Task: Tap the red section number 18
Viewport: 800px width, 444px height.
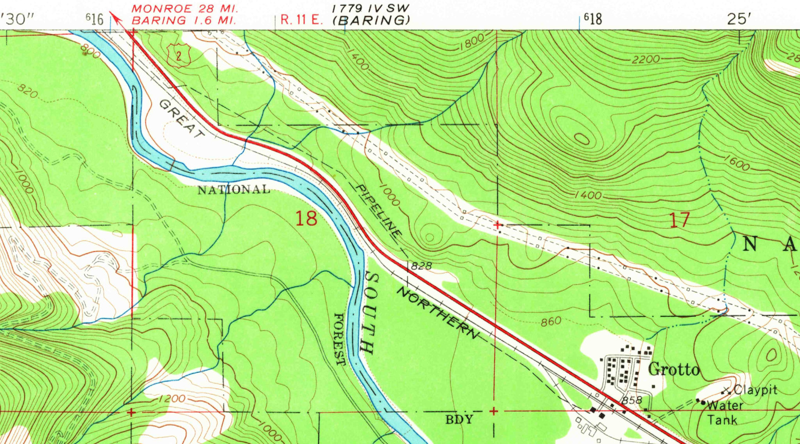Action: pyautogui.click(x=306, y=219)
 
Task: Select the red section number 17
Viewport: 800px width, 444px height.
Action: pyautogui.click(x=679, y=220)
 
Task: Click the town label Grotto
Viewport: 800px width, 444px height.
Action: pyautogui.click(x=674, y=370)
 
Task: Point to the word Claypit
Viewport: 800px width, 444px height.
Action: pyautogui.click(x=755, y=390)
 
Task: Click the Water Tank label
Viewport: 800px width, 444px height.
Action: pyautogui.click(x=724, y=413)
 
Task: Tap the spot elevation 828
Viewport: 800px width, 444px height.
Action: pyautogui.click(x=422, y=266)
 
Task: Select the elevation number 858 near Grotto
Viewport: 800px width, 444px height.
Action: pyautogui.click(x=632, y=399)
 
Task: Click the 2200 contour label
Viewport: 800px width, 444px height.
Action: pyautogui.click(x=646, y=59)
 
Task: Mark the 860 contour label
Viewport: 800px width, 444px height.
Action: pyautogui.click(x=551, y=322)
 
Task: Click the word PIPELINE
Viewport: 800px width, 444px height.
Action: pyautogui.click(x=378, y=211)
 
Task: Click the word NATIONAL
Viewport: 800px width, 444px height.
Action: pyautogui.click(x=234, y=190)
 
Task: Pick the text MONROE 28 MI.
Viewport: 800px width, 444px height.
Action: pyautogui.click(x=184, y=9)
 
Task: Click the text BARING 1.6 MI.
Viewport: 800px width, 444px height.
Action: pyautogui.click(x=184, y=21)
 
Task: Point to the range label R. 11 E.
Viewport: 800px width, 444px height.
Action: pyautogui.click(x=301, y=20)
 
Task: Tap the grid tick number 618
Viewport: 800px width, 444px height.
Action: pyautogui.click(x=593, y=19)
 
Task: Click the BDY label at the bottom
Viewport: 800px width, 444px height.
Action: pyautogui.click(x=459, y=419)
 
